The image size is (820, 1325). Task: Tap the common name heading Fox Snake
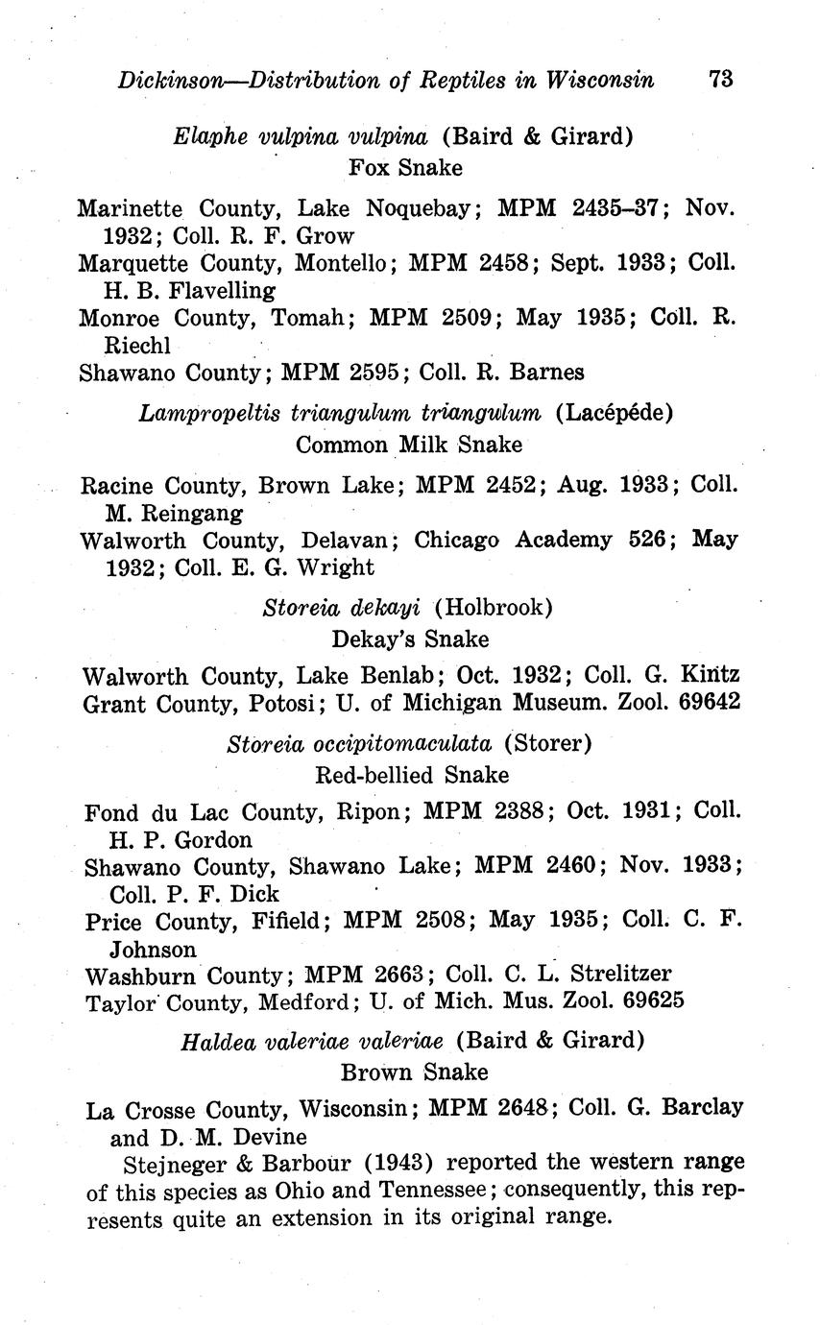[x=405, y=168]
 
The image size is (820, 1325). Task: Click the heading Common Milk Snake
[x=409, y=445]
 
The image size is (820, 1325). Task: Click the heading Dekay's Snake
[x=410, y=638]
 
